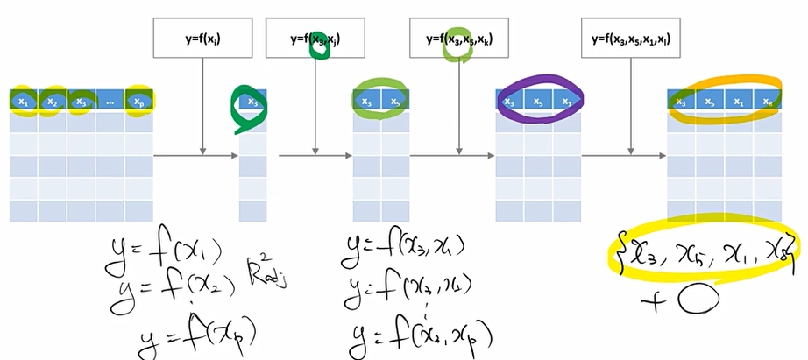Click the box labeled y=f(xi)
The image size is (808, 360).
pos(202,39)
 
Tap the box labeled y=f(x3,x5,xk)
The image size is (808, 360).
pos(459,39)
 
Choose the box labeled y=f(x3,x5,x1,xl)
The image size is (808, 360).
pos(631,39)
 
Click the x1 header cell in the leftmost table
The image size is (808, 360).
pos(24,102)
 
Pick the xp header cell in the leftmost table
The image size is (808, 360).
pos(138,102)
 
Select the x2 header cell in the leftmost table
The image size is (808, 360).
pos(53,102)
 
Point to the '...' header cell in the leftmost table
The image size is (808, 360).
pos(110,102)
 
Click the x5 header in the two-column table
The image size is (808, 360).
pos(394,102)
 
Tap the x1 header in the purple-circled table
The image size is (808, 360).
pos(566,102)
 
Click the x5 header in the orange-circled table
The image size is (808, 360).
pos(711,102)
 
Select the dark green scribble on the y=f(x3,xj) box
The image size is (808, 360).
pos(320,46)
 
